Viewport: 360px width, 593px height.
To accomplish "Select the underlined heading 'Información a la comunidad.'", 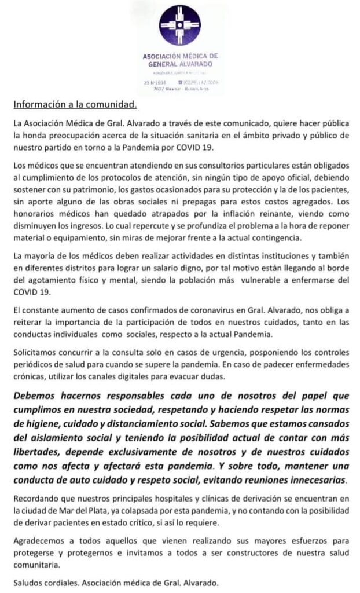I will (75, 105).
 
